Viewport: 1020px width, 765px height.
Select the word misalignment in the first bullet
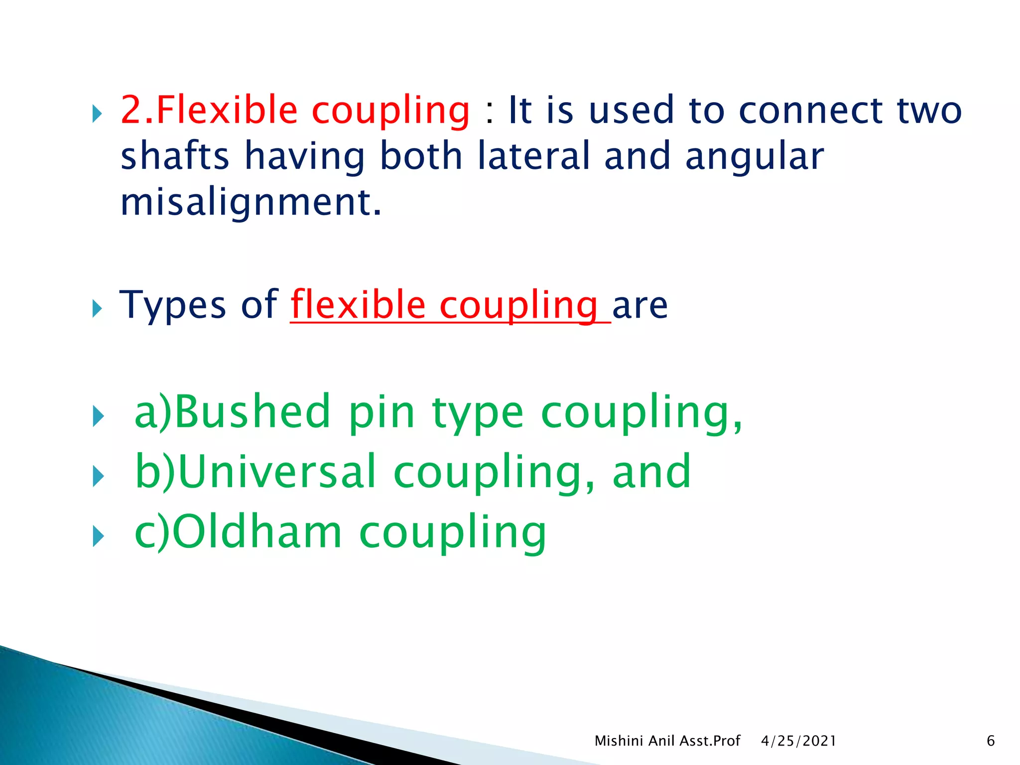pyautogui.click(x=251, y=203)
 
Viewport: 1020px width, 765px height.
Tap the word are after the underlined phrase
pyautogui.click(x=639, y=305)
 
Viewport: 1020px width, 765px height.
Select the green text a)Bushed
pyautogui.click(x=232, y=412)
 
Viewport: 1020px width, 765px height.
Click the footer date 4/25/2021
pyautogui.click(x=798, y=741)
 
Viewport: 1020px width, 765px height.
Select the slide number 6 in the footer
pyautogui.click(x=990, y=741)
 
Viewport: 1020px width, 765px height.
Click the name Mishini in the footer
pyautogui.click(x=619, y=741)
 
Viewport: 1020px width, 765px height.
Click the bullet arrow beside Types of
pyautogui.click(x=97, y=309)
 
